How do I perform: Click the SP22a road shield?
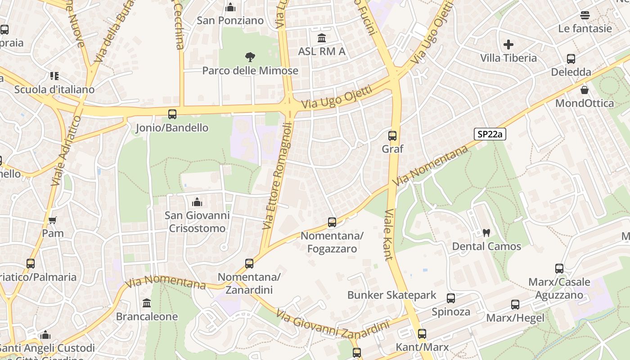point(490,134)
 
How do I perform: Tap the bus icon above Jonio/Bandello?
point(172,114)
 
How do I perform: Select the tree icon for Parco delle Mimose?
point(250,57)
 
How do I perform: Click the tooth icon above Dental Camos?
point(486,233)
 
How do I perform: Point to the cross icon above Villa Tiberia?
point(508,45)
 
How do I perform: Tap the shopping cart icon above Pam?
point(53,220)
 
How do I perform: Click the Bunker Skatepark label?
point(391,295)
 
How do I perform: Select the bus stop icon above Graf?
point(392,135)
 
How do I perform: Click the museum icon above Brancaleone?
point(147,303)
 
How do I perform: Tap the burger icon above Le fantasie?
point(585,15)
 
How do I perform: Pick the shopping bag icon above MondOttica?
point(585,90)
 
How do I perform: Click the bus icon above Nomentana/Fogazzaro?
point(332,222)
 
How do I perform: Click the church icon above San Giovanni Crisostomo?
point(197,202)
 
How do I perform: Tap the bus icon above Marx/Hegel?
point(515,305)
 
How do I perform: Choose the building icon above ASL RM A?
point(322,38)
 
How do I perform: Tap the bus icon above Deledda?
point(571,58)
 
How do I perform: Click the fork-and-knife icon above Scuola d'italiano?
point(54,76)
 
